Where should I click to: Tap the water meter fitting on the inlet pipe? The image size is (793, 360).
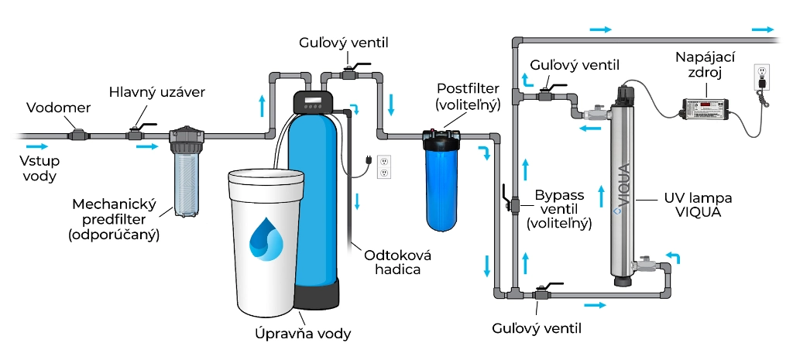[77, 135]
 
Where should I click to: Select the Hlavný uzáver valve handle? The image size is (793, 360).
[140, 125]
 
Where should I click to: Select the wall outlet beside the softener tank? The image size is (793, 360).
[384, 166]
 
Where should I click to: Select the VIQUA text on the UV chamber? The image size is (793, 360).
[623, 189]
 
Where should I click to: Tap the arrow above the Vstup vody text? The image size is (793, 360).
[36, 146]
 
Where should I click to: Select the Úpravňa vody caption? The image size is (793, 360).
[303, 334]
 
